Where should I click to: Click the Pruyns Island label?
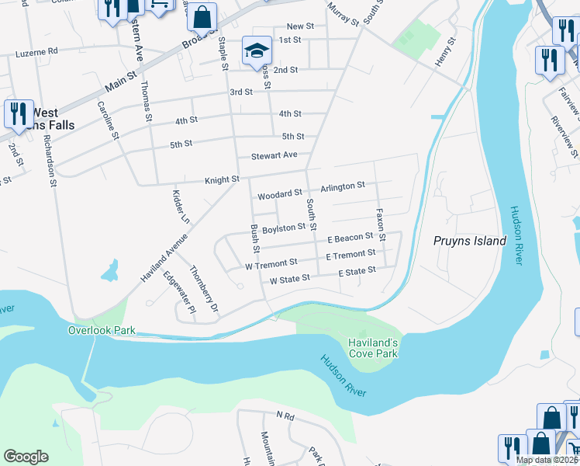pos(469,241)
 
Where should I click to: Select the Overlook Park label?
pos(102,330)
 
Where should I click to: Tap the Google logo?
pos(26,457)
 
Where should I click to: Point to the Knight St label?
pos(222,180)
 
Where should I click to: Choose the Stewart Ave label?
pos(274,155)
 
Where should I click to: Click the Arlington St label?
pos(342,186)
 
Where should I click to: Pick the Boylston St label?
pos(284,228)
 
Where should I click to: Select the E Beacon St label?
pos(350,238)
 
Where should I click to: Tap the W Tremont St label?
pos(271,264)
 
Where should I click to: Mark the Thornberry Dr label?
pos(205,287)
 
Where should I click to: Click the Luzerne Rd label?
pos(37,52)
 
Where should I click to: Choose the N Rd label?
pos(285,416)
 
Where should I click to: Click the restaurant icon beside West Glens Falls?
pos(17,113)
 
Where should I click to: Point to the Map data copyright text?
pos(547,460)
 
